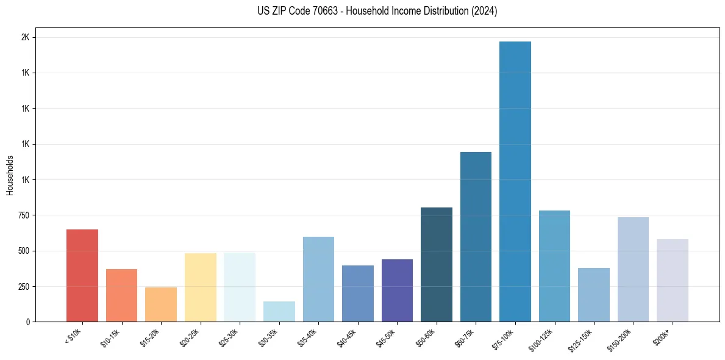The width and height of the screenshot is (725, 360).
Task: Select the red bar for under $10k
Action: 82,275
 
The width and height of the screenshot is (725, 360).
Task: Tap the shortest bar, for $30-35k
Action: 279,311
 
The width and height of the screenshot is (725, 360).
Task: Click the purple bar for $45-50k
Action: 397,290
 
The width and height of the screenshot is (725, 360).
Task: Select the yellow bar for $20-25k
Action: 201,287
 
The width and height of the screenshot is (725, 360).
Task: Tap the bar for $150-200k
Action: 633,269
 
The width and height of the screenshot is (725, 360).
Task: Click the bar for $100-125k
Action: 554,266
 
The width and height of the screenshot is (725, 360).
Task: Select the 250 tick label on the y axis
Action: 24,286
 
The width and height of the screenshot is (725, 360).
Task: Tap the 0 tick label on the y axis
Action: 27,322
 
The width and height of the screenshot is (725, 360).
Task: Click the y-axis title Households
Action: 10,175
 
